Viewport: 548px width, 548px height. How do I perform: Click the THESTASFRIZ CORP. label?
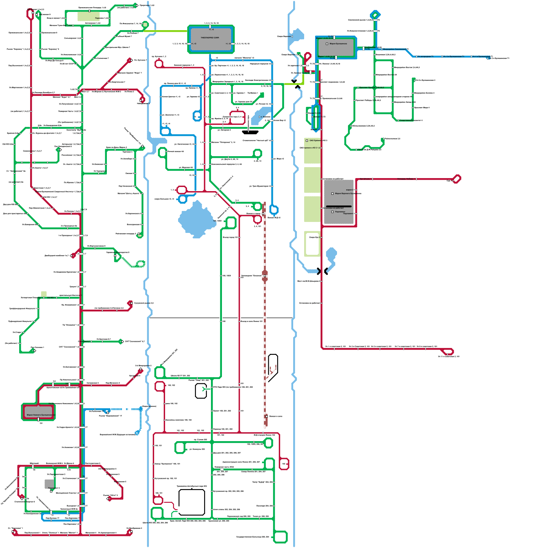(210, 38)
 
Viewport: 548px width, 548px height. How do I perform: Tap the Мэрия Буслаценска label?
(338, 44)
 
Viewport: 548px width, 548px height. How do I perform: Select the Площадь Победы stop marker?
(416, 179)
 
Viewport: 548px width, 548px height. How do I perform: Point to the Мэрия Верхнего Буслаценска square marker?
(332, 194)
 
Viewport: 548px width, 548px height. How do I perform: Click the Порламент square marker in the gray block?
(332, 212)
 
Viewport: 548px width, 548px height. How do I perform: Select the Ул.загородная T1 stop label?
(425, 57)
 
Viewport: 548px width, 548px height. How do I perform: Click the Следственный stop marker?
(398, 120)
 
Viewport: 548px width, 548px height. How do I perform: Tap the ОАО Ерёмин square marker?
(307, 140)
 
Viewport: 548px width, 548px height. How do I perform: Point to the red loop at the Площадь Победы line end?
(457, 179)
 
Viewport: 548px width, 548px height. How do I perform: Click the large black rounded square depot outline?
(191, 502)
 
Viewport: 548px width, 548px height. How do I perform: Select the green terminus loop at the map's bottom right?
(280, 537)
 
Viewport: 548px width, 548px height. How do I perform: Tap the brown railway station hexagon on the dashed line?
(265, 275)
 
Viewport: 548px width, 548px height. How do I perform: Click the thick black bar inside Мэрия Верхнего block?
(339, 207)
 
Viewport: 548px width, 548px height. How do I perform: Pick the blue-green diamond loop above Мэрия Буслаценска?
(375, 15)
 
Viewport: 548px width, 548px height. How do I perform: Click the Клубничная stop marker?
(363, 48)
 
